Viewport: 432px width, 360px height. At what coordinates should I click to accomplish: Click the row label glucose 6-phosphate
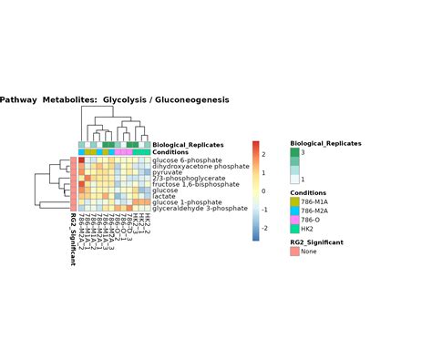coord(187,160)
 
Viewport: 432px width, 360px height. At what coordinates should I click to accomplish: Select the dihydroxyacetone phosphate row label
coord(201,167)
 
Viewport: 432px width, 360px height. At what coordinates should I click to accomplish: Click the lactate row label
coord(164,196)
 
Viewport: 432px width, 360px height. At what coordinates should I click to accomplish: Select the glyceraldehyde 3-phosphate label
coord(200,208)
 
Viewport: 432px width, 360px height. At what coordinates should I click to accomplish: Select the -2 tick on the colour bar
coord(264,228)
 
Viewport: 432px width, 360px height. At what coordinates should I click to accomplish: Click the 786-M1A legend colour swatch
coord(294,201)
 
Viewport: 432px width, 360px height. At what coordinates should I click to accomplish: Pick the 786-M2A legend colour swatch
coord(294,211)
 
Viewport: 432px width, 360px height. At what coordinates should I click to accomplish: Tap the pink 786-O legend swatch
coord(294,220)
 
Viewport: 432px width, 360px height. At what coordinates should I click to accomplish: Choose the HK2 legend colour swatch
coord(294,229)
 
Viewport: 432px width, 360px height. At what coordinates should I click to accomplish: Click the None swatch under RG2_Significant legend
coord(294,252)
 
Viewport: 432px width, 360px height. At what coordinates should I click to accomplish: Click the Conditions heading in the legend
coord(308,192)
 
